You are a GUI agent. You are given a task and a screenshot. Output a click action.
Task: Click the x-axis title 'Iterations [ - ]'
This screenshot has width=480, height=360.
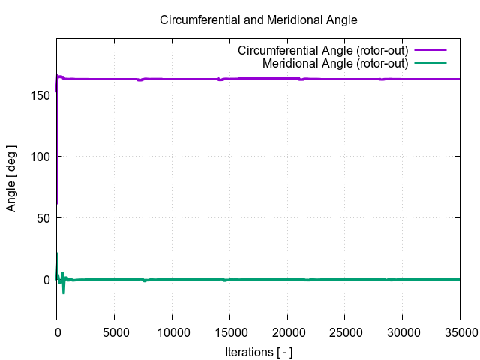point(259,351)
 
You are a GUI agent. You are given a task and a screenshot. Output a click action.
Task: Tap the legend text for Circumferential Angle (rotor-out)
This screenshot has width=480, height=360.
point(322,51)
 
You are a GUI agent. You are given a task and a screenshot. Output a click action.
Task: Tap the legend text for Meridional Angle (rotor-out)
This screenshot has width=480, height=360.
point(335,64)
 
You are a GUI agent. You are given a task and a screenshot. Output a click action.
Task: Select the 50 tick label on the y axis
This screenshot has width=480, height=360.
point(43,218)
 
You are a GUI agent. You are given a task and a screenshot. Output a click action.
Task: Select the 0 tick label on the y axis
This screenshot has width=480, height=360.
point(46,280)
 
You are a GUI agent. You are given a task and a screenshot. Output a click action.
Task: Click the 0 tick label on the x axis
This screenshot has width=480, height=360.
point(57,331)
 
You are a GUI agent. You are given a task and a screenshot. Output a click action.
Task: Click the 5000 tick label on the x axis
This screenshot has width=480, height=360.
point(115,331)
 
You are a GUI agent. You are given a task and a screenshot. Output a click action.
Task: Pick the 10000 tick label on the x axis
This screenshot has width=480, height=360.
point(172,331)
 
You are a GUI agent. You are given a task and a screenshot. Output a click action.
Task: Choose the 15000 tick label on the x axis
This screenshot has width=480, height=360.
point(230,331)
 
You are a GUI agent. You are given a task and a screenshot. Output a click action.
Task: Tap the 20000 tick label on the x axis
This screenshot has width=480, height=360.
point(288,331)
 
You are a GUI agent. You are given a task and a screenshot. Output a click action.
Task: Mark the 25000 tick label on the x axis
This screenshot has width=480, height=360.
point(346,331)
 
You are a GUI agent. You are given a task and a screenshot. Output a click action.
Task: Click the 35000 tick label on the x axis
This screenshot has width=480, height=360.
point(459,331)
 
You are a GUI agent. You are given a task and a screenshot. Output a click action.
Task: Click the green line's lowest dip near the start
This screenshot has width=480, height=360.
point(63,292)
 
